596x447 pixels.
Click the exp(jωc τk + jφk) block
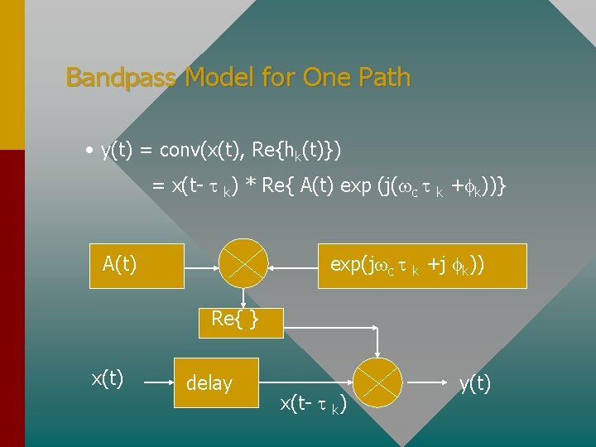point(422,266)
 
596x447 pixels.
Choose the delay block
point(215,382)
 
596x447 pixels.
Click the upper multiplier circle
point(243,266)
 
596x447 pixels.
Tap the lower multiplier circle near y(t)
point(379,382)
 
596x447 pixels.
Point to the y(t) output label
point(475,383)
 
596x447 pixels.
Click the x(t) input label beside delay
point(108,379)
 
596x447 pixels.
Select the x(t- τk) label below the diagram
point(313,405)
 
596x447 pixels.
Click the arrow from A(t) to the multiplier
point(201,266)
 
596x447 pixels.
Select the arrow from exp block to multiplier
point(294,266)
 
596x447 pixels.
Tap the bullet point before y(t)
point(88,151)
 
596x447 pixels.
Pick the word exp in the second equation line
point(357,188)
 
